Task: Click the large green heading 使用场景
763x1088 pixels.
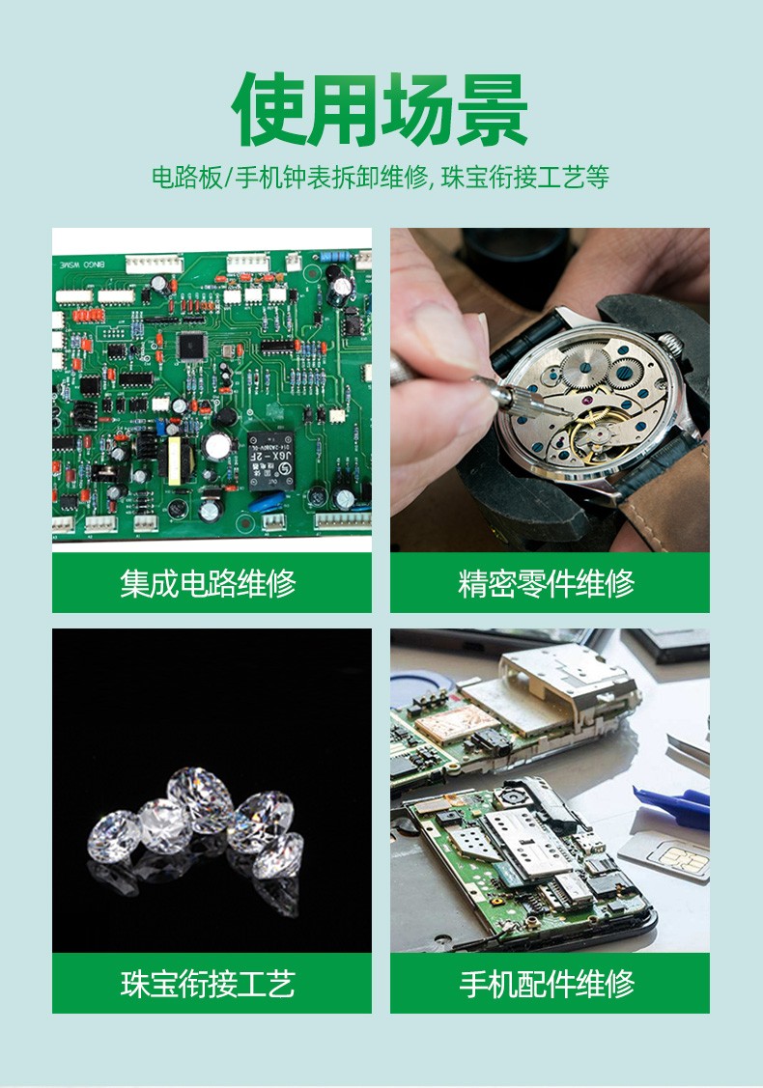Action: [x=380, y=110]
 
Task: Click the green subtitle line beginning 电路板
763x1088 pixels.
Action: [x=381, y=178]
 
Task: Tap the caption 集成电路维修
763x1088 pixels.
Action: [x=209, y=583]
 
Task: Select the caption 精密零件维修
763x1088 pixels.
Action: [x=547, y=583]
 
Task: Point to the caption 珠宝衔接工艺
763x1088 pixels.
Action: [x=209, y=983]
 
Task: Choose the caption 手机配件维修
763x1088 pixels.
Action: [x=547, y=983]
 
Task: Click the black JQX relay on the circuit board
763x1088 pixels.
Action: [x=270, y=460]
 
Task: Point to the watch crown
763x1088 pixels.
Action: [x=670, y=343]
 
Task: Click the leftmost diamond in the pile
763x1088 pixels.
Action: [x=115, y=837]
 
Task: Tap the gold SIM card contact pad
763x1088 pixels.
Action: [x=684, y=859]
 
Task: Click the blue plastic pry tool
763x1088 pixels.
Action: [x=673, y=805]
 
